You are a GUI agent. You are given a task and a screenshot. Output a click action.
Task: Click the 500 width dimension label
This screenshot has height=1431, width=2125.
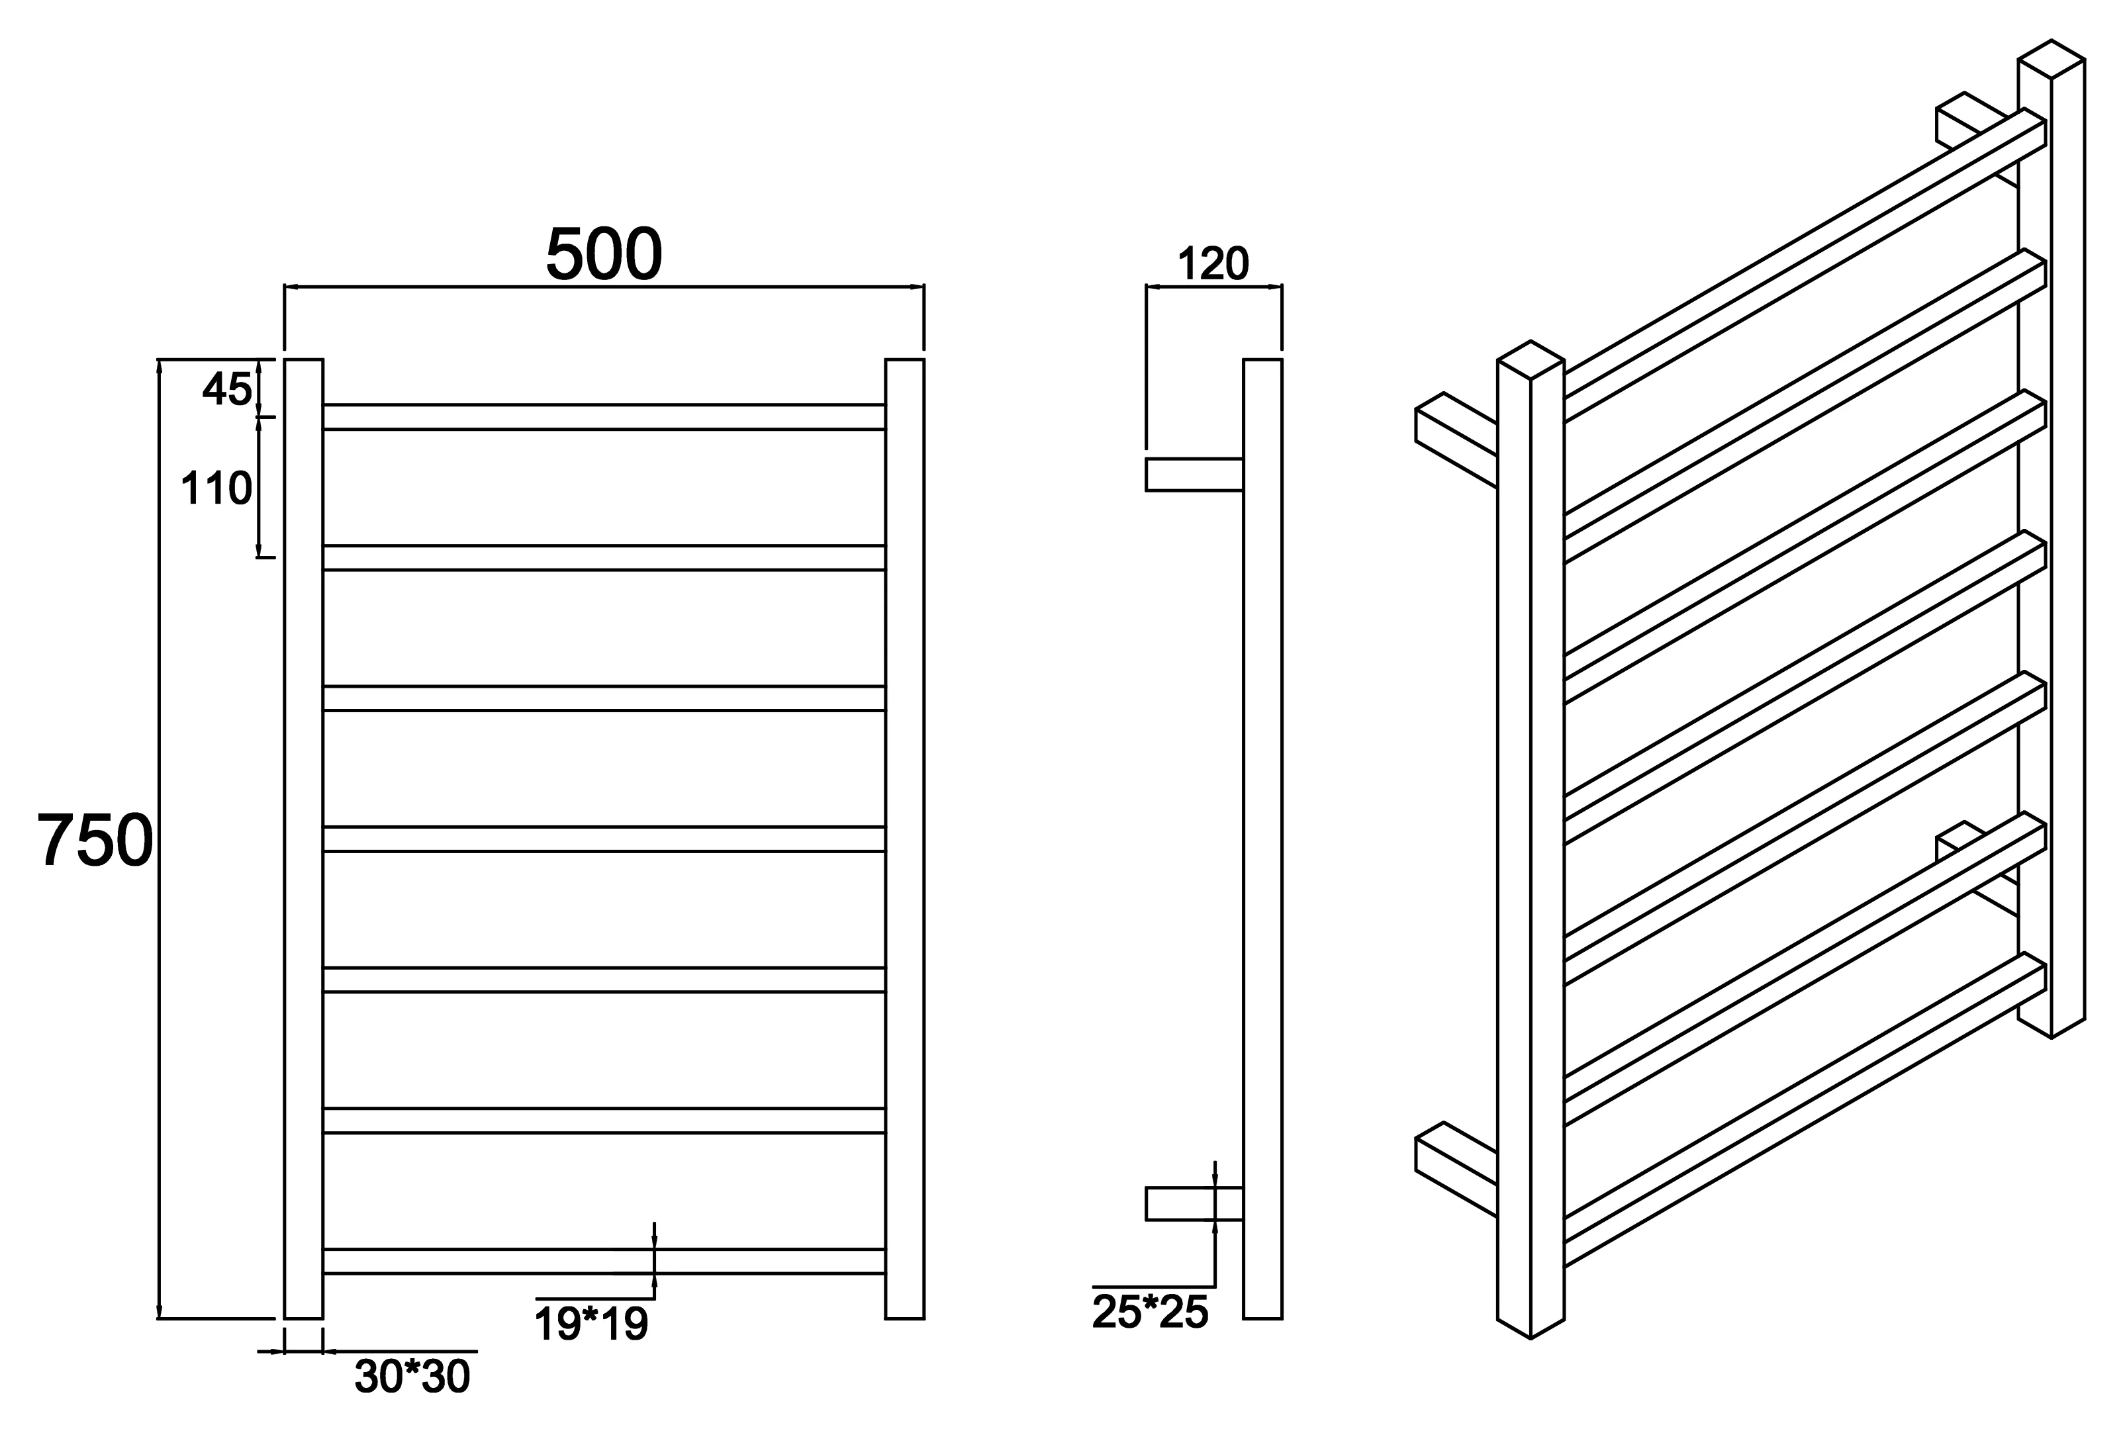coord(603,253)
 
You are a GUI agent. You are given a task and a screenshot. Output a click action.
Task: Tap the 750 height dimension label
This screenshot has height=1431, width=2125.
coord(95,840)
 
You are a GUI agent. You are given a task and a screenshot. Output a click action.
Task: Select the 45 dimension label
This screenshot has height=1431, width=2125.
coord(226,390)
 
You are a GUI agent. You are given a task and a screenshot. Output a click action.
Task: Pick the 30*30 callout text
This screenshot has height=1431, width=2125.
coord(412,1376)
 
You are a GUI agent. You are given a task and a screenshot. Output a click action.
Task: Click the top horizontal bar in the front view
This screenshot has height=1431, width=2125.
coord(603,416)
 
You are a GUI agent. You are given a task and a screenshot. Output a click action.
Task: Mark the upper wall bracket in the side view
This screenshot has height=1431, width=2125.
coord(1194,475)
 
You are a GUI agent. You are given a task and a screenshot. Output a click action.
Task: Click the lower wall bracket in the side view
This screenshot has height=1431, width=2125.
coord(1194,1204)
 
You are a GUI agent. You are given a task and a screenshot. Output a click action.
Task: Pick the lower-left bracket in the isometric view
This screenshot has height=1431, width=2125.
coord(1456,1169)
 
